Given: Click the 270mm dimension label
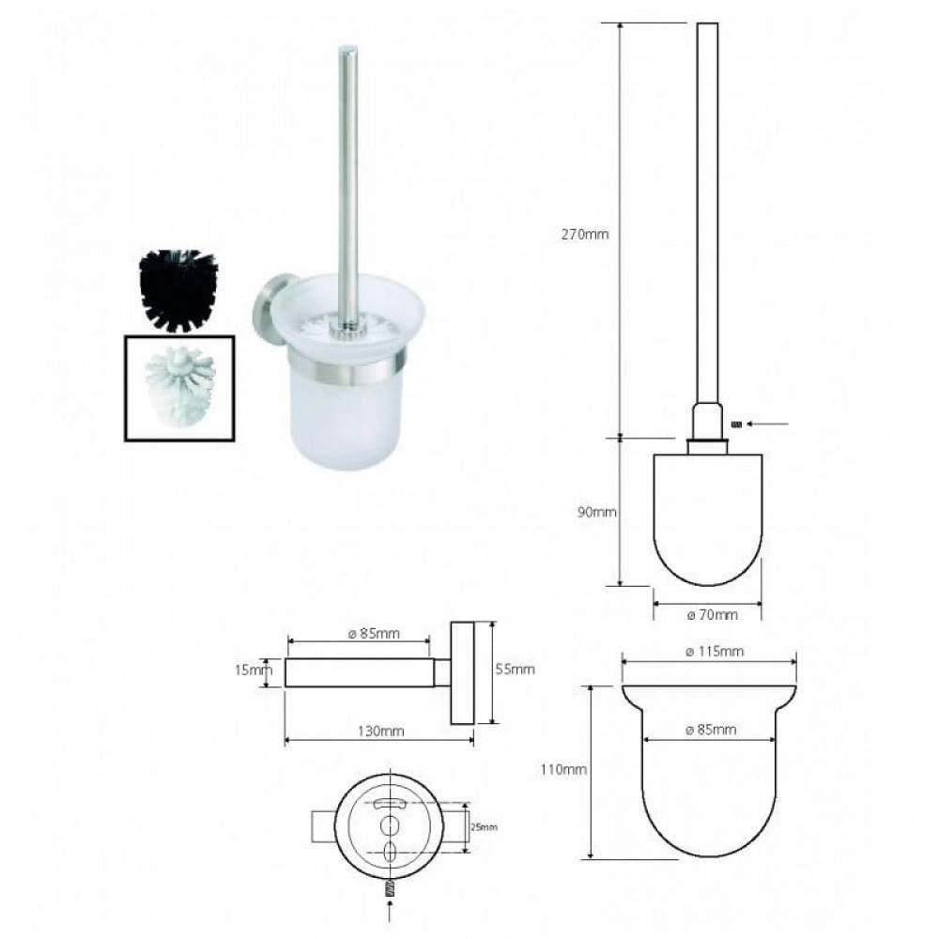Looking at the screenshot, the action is [584, 234].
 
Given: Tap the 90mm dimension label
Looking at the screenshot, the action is [596, 512].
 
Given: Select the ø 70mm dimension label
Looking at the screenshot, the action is [712, 614].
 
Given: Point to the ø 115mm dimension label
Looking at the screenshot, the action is [715, 651].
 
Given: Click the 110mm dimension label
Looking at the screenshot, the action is [562, 770].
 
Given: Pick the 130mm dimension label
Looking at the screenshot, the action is [381, 731].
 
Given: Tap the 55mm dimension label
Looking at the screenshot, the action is [515, 669].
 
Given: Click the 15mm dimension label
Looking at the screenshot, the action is [254, 670].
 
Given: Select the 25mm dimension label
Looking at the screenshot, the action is [484, 827].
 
